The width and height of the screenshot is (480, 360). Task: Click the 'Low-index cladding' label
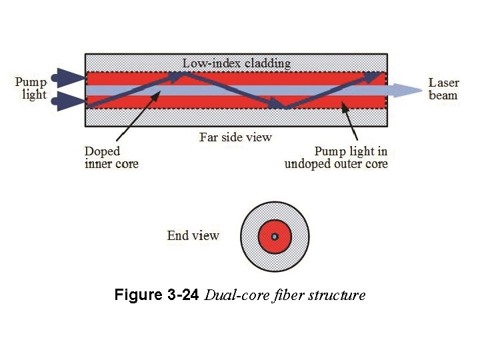coord(237,63)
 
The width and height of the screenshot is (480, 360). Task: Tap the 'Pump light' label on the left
coord(31,89)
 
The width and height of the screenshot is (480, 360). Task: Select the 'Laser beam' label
coord(443,89)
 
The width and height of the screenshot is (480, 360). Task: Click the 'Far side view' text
coord(235,137)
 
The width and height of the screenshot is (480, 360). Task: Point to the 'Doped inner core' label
coord(111,157)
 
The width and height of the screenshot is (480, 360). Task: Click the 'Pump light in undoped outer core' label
coord(336,157)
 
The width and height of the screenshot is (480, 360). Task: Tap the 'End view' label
coord(193,235)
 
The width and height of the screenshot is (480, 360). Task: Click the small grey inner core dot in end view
coord(274,237)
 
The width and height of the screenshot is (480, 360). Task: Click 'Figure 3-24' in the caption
coord(156,295)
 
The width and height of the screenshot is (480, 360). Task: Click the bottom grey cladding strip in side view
coord(167,117)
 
